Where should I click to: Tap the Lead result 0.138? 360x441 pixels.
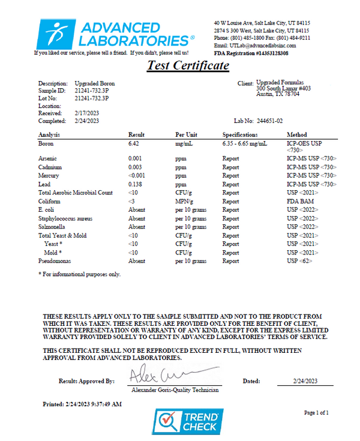[x=135, y=184]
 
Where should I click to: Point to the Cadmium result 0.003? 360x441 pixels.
[x=134, y=166]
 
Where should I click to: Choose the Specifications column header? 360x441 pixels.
[x=239, y=135]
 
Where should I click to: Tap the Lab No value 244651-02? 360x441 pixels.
[x=274, y=121]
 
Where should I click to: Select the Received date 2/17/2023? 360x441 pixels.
[x=86, y=113]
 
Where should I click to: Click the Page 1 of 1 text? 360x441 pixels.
[x=317, y=413]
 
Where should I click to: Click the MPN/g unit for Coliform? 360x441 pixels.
[x=184, y=201]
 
